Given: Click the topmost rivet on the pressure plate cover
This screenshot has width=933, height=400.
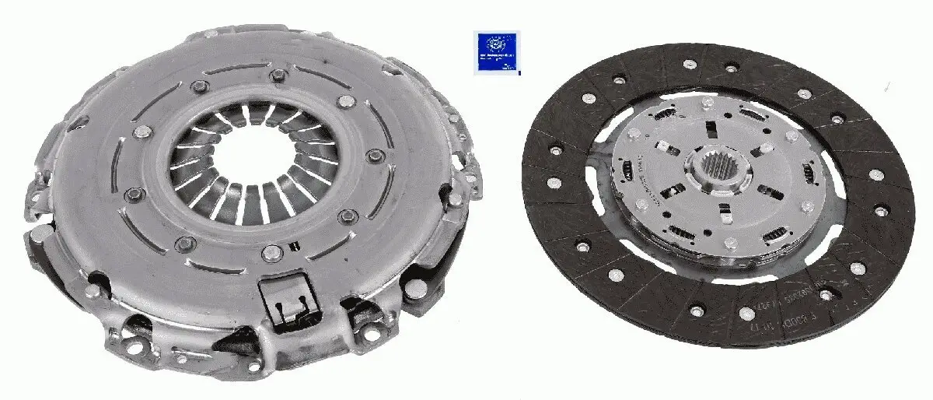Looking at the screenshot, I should point(275,75).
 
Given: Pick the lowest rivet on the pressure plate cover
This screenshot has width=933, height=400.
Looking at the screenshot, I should point(270,253).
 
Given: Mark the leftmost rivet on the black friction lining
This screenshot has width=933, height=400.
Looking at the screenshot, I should point(554,184).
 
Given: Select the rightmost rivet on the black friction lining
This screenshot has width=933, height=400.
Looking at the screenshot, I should point(882,211).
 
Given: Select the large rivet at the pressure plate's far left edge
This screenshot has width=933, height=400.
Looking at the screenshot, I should point(33,233).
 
